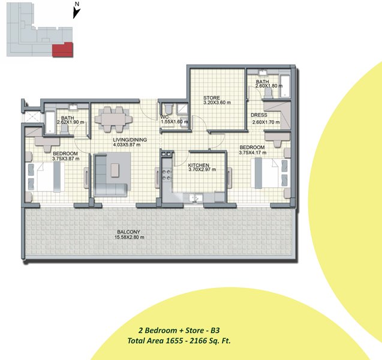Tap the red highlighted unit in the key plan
pyautogui.click(x=63, y=50)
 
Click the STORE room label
pyautogui.click(x=212, y=98)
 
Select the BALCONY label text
pyautogui.click(x=128, y=232)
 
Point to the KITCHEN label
pyautogui.click(x=198, y=165)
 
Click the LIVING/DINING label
pyautogui.click(x=130, y=140)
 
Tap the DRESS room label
pyautogui.click(x=259, y=115)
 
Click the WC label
pyautogui.click(x=165, y=117)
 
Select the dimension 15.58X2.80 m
pyautogui.click(x=130, y=237)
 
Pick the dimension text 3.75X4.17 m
pyautogui.click(x=252, y=152)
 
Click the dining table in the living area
pyautogui.click(x=113, y=119)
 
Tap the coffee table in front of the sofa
pyautogui.click(x=115, y=170)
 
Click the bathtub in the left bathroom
pyautogui.click(x=50, y=122)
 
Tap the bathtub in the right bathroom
pyautogui.click(x=284, y=86)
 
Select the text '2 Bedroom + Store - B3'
pyautogui.click(x=179, y=330)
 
